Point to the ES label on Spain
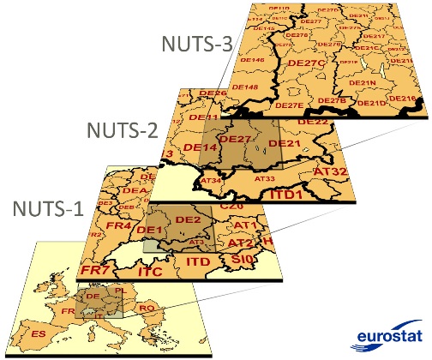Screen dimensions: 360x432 (x=39, y=331)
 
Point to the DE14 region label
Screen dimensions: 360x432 (x=198, y=148)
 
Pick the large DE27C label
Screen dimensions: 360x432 (x=306, y=63)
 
